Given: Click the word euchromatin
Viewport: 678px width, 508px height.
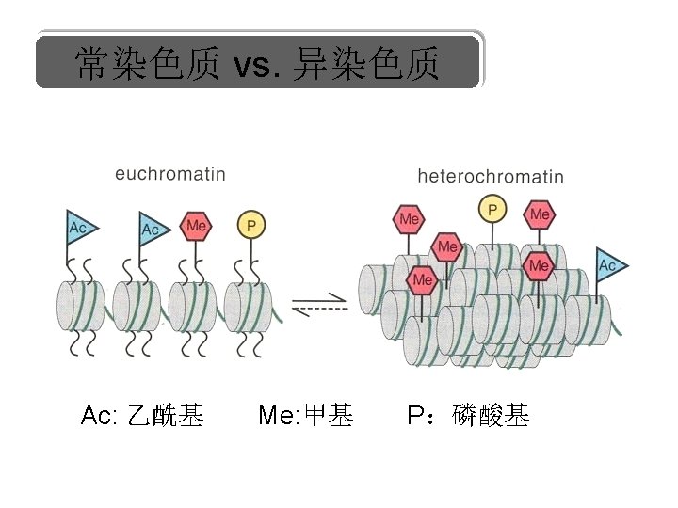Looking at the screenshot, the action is click(x=169, y=173).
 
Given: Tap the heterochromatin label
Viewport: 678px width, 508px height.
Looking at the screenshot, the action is click(x=490, y=176).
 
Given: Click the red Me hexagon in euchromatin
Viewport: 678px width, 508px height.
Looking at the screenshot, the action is click(x=196, y=226).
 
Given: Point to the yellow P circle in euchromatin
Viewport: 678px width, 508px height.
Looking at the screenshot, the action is click(x=250, y=226).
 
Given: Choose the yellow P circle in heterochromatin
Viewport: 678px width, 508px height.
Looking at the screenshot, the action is click(x=492, y=208).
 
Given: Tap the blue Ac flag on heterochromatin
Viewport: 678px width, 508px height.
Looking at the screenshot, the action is click(x=609, y=265).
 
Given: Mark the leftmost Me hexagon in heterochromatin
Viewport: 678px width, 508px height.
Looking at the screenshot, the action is click(x=409, y=219).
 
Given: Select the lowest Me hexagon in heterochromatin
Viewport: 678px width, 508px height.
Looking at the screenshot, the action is click(x=422, y=279).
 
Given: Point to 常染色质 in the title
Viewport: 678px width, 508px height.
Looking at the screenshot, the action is click(x=148, y=64).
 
